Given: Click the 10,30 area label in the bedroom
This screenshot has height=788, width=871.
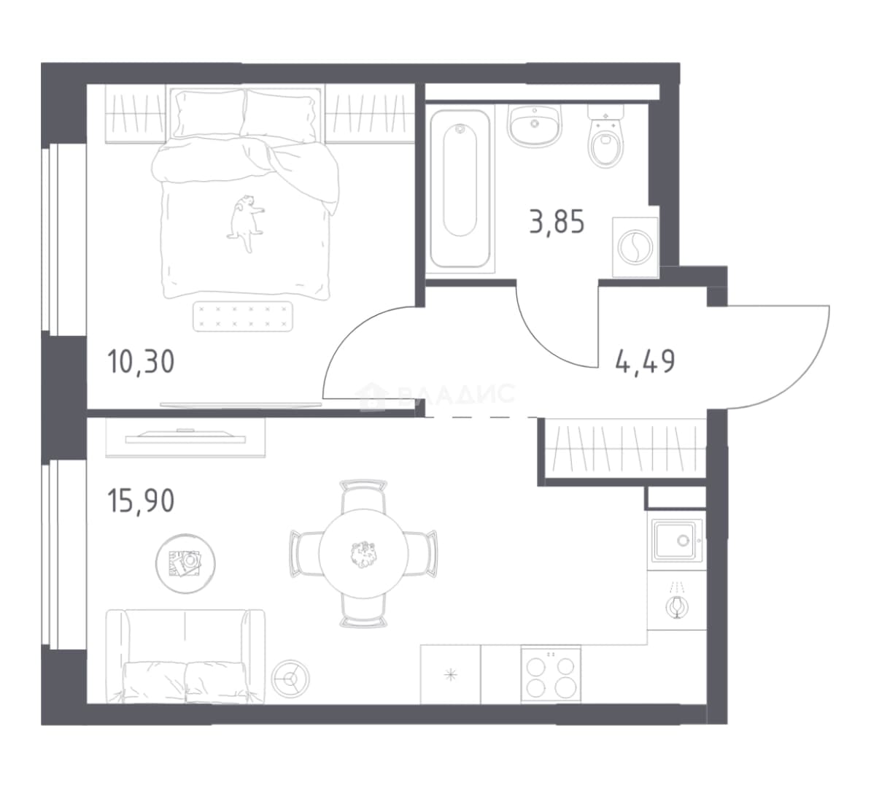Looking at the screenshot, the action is click(141, 362).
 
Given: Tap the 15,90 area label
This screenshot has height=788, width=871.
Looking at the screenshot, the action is click(141, 501).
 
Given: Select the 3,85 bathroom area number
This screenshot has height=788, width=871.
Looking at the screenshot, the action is click(557, 223).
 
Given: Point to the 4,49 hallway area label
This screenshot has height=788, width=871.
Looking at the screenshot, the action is click(646, 362).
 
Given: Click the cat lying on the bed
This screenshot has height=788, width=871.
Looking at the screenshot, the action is click(244, 223).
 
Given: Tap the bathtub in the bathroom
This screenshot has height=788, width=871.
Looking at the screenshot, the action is click(460, 188).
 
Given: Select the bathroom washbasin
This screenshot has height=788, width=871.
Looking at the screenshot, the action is click(535, 126).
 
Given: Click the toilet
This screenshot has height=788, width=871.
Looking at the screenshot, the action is click(605, 136).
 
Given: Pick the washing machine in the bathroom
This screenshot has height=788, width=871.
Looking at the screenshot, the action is click(635, 247).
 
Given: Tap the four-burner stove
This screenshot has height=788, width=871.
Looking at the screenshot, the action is click(551, 675).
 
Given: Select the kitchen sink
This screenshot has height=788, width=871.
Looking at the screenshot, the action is click(677, 541).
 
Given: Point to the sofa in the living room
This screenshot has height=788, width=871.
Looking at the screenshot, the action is click(185, 656).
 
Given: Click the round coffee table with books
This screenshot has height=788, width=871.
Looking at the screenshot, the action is click(185, 563).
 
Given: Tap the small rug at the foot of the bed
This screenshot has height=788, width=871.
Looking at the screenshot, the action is click(243, 316).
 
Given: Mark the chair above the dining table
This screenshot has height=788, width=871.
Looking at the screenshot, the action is click(363, 495).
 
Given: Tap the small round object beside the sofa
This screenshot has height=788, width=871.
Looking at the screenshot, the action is click(290, 678).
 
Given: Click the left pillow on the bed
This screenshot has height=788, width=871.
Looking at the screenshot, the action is click(209, 114).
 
